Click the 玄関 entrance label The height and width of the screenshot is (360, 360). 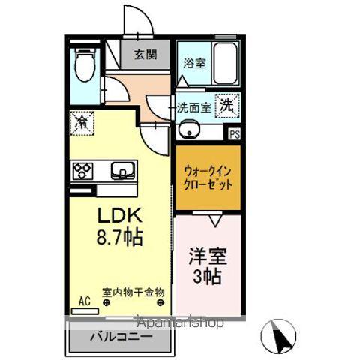[x=145, y=54]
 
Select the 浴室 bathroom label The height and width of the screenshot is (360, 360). [x=193, y=64]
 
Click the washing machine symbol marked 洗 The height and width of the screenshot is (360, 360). [x=226, y=106]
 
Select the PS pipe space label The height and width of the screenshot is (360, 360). [x=235, y=135]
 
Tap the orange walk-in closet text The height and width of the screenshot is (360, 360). [x=208, y=177]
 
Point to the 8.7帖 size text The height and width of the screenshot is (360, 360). [x=118, y=238]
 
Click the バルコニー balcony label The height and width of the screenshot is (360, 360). [x=120, y=337]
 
